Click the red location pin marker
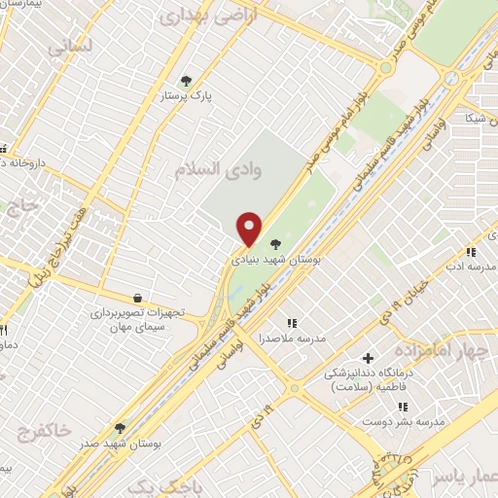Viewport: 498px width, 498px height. (250, 229)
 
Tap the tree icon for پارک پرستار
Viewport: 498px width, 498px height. (186, 81)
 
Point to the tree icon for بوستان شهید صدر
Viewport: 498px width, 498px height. (120, 427)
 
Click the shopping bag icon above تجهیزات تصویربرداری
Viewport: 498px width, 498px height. (137, 297)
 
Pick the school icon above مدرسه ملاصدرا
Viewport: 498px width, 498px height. (290, 323)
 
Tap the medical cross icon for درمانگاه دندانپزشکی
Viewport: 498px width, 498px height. (367, 357)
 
